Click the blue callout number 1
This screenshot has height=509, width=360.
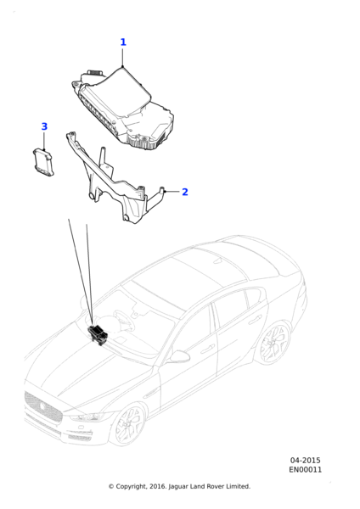123,42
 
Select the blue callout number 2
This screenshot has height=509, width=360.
185,192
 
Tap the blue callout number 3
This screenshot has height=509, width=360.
44,126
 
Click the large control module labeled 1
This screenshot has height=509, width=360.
122,107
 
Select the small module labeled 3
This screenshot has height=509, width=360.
43,162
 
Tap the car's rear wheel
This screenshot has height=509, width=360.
275,342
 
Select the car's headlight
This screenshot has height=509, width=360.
88,416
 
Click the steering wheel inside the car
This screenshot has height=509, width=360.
122,319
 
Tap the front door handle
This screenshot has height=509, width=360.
207,350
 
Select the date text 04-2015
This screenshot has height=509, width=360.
305,461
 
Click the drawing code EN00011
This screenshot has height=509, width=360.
306,470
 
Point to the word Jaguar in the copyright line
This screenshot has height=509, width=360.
178,487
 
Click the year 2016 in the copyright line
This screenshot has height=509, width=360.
158,487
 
